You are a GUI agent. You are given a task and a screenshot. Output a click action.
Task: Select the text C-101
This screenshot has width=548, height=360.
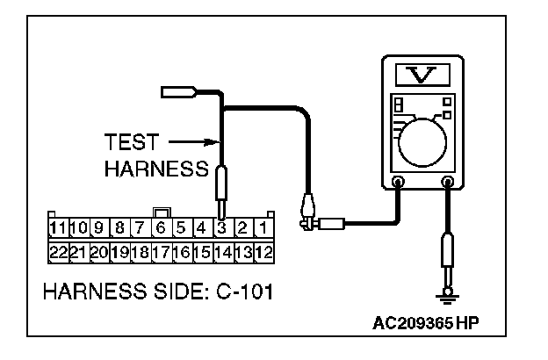[241, 290]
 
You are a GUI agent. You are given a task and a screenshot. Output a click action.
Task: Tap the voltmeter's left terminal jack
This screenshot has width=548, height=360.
[398, 184]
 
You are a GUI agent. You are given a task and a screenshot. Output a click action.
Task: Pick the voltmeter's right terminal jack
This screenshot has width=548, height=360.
[449, 184]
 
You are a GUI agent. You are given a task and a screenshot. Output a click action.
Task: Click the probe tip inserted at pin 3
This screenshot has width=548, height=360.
[222, 211]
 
